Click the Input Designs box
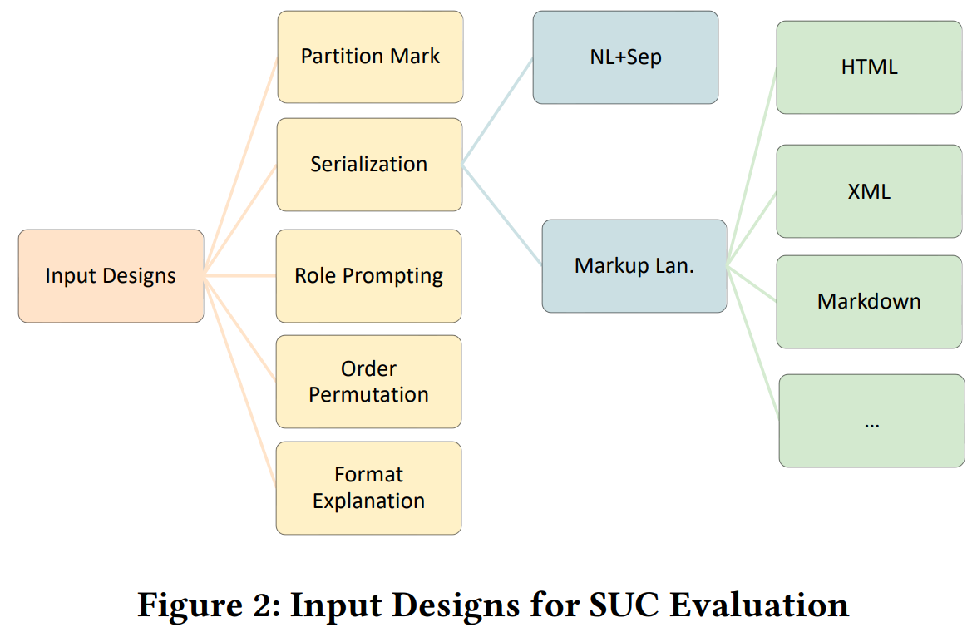[111, 276]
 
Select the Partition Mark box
[370, 57]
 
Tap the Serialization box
[369, 165]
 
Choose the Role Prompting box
[368, 276]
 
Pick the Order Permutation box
[368, 382]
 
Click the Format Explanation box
[368, 488]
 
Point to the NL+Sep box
[625, 57]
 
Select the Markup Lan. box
[634, 266]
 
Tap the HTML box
[869, 67]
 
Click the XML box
[869, 191]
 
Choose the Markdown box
[869, 301]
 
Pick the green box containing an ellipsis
[871, 421]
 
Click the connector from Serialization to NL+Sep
[497, 111]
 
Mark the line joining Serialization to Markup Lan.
[501, 215]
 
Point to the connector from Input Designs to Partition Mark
[241, 166]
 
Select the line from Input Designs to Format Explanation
[241, 383]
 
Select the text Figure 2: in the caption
[208, 605]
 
